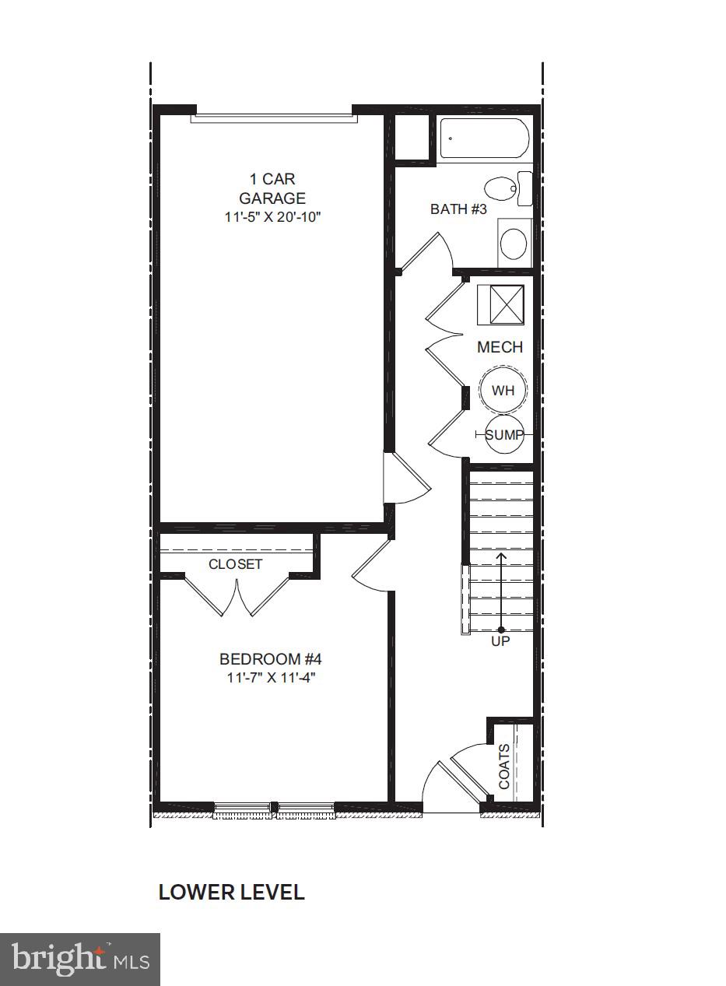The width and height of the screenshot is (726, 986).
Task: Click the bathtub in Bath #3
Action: (484, 139)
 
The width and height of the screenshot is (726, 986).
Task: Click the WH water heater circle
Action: (503, 390)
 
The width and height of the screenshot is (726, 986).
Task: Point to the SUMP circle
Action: (503, 435)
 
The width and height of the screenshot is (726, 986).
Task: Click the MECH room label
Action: (500, 347)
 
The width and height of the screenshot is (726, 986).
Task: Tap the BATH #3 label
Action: (458, 209)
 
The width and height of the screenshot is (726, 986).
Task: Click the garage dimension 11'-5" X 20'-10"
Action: (272, 217)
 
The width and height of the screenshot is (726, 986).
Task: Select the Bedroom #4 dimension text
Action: (271, 677)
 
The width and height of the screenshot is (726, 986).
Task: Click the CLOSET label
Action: (235, 564)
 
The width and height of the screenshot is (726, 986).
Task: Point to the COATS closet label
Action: (504, 766)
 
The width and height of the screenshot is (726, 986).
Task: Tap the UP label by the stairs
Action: (500, 642)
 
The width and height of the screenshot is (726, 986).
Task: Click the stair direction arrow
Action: (500, 591)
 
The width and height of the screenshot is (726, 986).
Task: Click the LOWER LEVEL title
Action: (231, 892)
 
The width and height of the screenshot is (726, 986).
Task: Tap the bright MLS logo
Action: (80, 959)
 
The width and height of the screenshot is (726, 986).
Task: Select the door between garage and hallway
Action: (405, 479)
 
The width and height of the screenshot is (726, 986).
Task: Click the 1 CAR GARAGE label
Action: (272, 189)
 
